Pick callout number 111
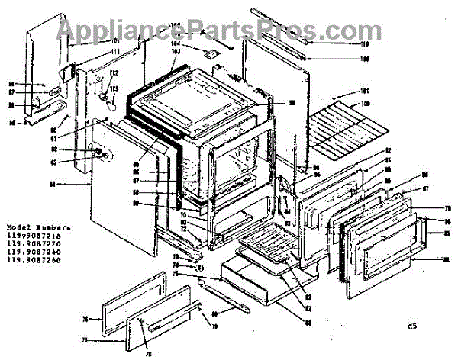pyautogui.click(x=115, y=52)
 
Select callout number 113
pyautogui.click(x=114, y=88)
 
